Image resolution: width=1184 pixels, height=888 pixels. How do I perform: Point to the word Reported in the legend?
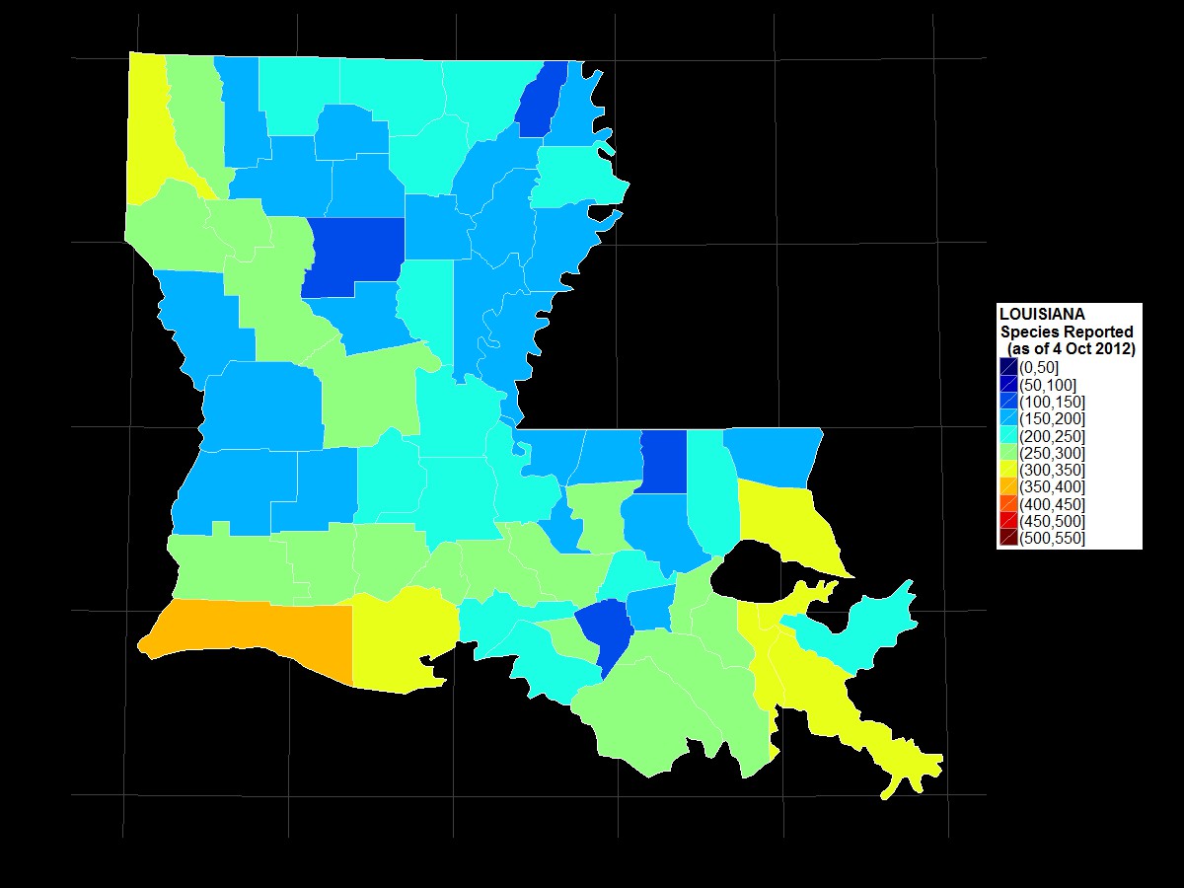point(1095,332)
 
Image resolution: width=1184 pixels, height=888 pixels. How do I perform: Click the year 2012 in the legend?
point(1115,349)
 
